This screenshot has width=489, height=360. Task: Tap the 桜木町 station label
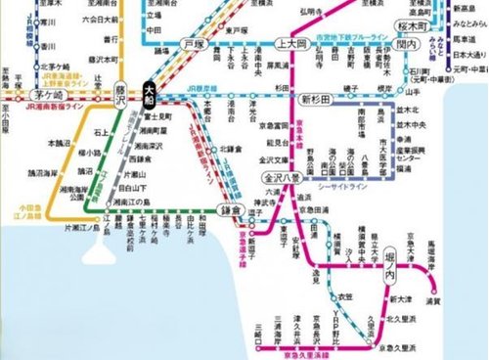404,19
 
